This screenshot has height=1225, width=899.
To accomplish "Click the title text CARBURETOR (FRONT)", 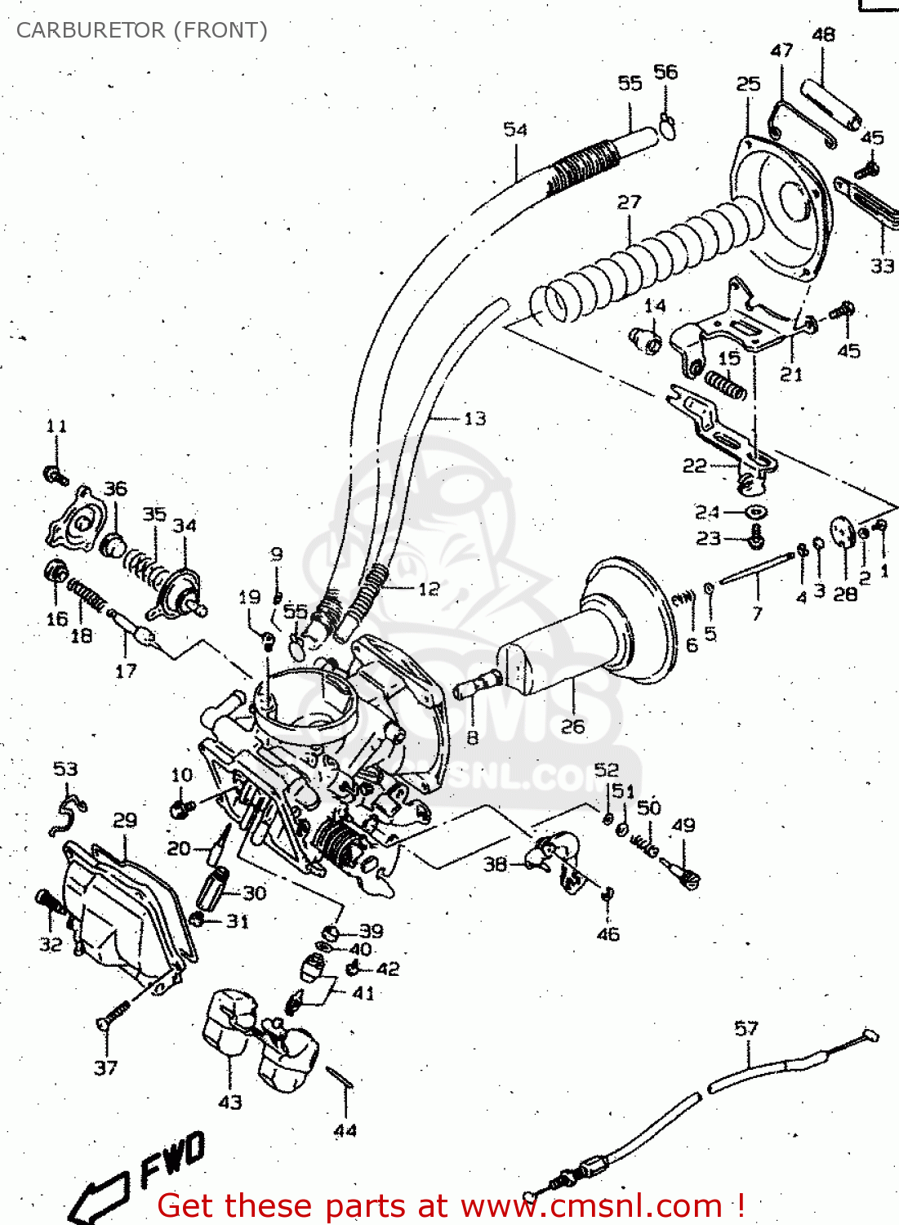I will (x=141, y=30).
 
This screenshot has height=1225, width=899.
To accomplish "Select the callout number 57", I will (x=746, y=1028).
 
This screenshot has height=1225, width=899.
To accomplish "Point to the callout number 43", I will (x=230, y=1102).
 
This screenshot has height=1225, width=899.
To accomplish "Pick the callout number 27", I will (x=629, y=202).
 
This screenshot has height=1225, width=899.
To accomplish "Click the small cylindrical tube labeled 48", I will (x=830, y=105).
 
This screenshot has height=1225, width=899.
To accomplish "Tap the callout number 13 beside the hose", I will (x=474, y=419).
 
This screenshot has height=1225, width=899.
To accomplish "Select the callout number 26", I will (x=572, y=726).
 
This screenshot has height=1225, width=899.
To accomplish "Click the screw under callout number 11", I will (x=56, y=474).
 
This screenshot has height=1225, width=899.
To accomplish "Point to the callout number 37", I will (x=105, y=1067).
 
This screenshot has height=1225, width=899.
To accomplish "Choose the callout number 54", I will (x=515, y=129).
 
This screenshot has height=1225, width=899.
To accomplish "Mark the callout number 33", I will (x=882, y=265).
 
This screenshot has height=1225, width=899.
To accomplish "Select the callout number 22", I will (x=694, y=465).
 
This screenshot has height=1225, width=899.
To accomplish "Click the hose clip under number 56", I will (x=667, y=126).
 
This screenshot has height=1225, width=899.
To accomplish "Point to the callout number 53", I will (x=65, y=768).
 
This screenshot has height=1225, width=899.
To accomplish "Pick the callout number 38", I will (x=495, y=863).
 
